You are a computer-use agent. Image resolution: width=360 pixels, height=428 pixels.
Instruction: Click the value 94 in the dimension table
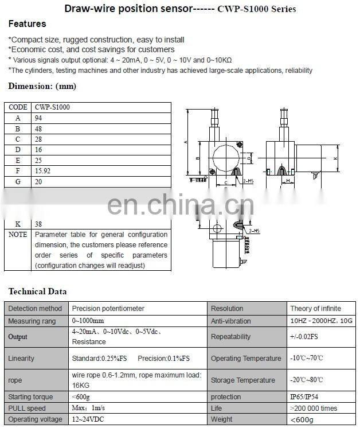[x=39, y=118]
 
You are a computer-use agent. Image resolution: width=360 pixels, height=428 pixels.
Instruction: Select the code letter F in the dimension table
[x=18, y=170]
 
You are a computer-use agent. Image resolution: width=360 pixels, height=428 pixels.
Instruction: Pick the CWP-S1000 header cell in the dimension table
[x=53, y=107]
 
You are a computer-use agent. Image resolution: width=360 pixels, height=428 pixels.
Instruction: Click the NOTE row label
[x=18, y=235]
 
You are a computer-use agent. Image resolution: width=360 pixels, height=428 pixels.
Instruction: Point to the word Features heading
[x=27, y=24]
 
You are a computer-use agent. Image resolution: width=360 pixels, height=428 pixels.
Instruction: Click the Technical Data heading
[x=37, y=291]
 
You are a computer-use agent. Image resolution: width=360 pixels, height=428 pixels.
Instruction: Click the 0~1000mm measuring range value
[x=88, y=321]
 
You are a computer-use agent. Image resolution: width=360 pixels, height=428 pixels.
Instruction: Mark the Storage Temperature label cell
[x=242, y=380]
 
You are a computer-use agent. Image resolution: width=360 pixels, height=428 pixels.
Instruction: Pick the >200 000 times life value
[x=314, y=408]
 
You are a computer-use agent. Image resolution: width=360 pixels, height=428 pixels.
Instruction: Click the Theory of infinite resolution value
[x=315, y=309]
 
